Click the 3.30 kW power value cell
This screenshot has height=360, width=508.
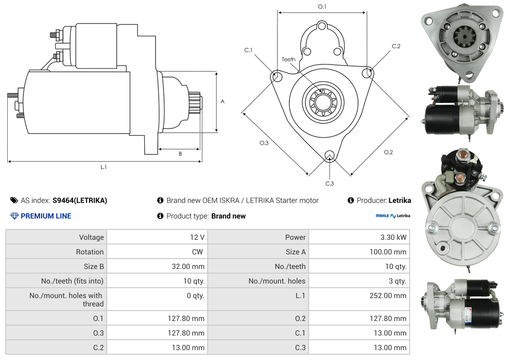394,237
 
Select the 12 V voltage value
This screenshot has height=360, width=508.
197,237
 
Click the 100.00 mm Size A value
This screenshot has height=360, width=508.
388,252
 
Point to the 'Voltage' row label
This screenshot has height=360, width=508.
91,237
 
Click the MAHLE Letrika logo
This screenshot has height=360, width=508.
393,216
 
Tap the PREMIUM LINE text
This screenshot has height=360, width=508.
46,216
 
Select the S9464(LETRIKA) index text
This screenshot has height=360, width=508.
80,200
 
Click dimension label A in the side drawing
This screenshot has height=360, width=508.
223,101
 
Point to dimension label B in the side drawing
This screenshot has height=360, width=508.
180,154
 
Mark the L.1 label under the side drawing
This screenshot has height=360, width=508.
104,167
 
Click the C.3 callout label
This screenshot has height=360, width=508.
329,183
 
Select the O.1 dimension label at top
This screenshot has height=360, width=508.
322,7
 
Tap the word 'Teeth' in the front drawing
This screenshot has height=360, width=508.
288,59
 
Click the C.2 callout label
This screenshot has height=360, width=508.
396,46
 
